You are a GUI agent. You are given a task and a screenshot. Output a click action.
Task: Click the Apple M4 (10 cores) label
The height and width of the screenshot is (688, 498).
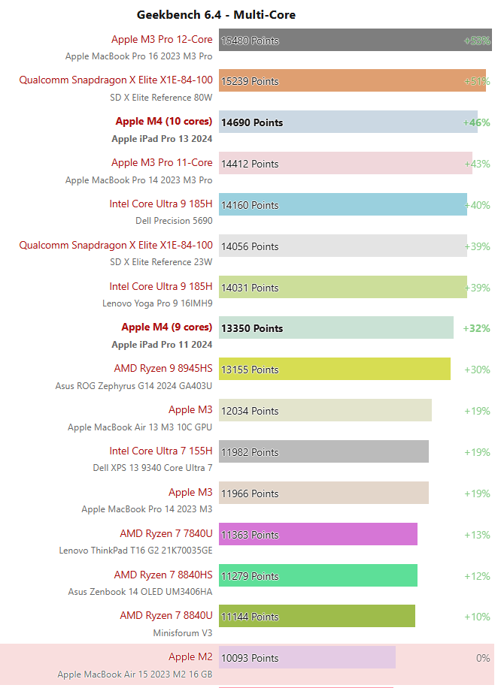[x=163, y=121]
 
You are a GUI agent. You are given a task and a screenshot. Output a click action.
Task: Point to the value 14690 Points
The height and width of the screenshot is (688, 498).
[x=252, y=122]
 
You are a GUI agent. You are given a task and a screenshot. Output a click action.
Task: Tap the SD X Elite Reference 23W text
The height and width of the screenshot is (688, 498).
[x=161, y=262]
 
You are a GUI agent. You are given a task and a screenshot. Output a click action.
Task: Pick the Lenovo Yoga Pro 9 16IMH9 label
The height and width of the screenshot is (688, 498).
[x=157, y=303]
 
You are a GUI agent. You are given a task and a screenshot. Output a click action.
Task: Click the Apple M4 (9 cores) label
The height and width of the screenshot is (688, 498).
[x=166, y=327]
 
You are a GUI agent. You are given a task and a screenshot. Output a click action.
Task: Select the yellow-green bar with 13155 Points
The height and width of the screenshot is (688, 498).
[x=335, y=370]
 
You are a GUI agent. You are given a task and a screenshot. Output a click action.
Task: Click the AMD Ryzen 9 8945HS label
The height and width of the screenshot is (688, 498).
[x=163, y=368]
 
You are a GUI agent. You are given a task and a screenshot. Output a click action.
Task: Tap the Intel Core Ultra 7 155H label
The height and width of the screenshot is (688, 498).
[x=161, y=451]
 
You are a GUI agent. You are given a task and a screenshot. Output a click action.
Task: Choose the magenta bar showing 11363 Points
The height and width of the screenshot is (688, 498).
[x=318, y=535]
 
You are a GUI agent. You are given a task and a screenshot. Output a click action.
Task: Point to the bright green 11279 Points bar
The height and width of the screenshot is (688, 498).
[x=318, y=576]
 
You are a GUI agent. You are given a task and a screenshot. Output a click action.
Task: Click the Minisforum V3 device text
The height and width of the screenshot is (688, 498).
[x=183, y=633]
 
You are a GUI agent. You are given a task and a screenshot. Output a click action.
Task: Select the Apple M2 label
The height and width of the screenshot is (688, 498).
[x=190, y=656]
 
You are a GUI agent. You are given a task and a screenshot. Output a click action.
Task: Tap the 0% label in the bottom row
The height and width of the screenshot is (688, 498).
[x=482, y=658]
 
